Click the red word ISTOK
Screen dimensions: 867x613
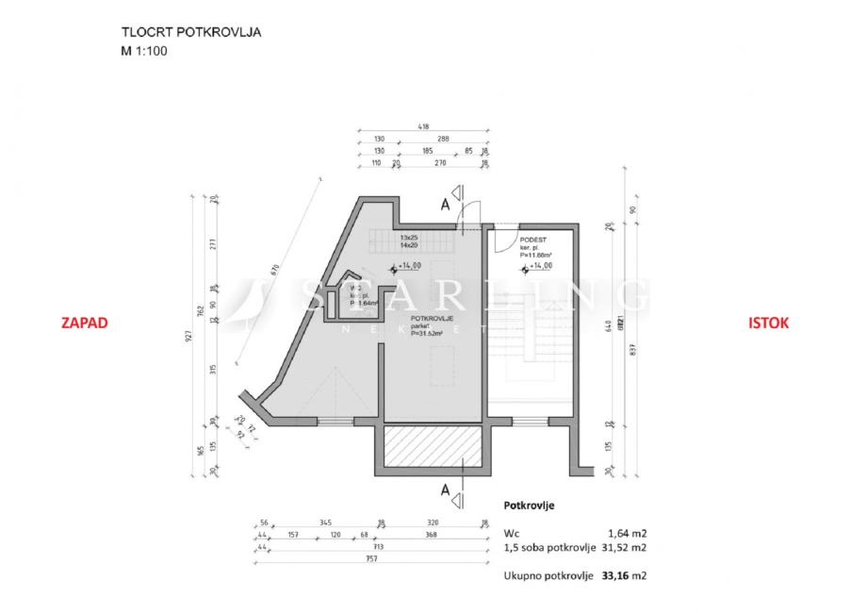click(768, 323)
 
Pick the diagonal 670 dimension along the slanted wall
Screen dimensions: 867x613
click(276, 269)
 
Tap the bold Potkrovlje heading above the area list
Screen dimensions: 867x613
click(529, 505)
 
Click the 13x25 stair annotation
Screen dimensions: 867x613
click(408, 237)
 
